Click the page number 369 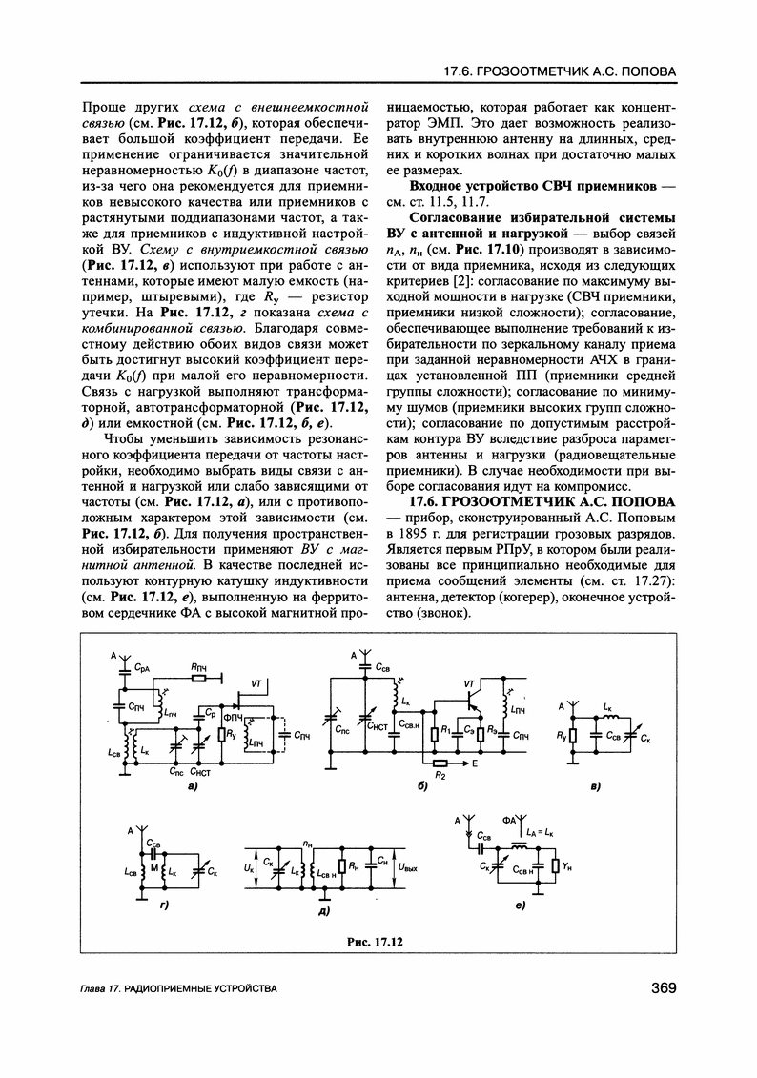click(x=658, y=988)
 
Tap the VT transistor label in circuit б click(x=468, y=684)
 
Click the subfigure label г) click(x=163, y=904)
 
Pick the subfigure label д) click(x=323, y=912)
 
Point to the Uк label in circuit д click(x=250, y=868)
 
